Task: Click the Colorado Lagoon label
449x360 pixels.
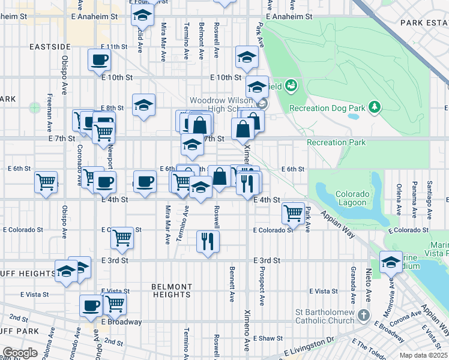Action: [351, 198]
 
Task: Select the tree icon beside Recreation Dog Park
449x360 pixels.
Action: [375, 107]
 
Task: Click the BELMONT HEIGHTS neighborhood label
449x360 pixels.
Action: [171, 290]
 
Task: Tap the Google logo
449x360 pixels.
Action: [20, 353]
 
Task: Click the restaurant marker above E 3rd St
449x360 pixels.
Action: [208, 241]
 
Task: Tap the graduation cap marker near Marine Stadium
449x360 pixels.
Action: [391, 262]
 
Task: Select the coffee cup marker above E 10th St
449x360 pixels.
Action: [100, 59]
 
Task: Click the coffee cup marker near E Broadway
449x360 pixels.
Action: [91, 305]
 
